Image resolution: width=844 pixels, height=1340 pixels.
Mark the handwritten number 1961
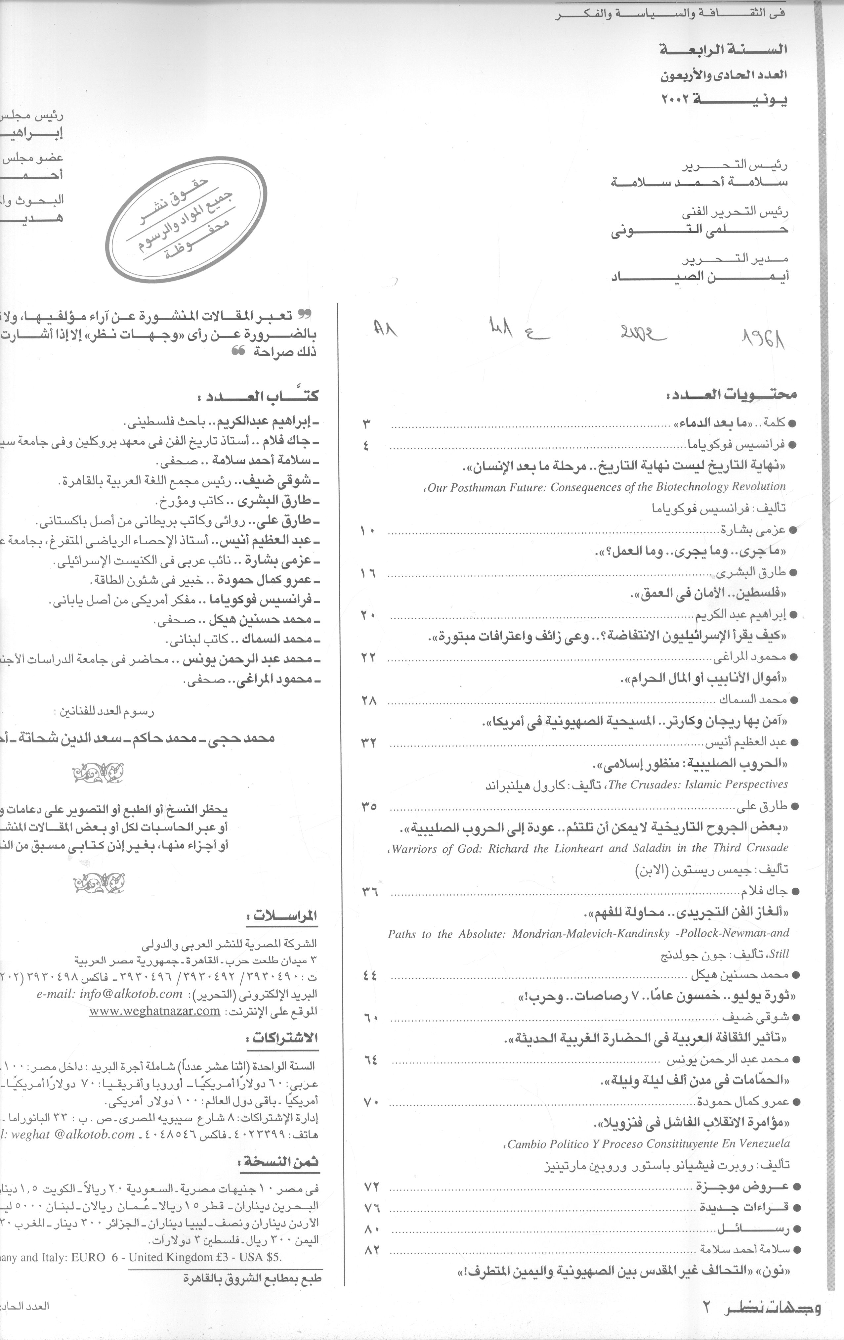pos(761,336)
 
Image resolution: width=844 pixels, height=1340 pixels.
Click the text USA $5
pos(262,1241)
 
